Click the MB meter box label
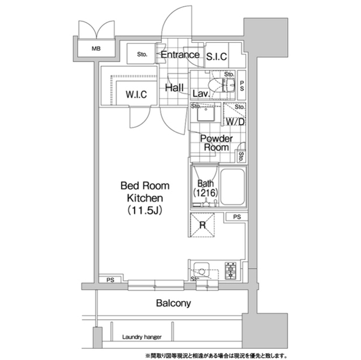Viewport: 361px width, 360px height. pyautogui.click(x=96, y=49)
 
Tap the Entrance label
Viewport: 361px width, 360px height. pyautogui.click(x=180, y=55)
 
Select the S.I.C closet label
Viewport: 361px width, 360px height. pyautogui.click(x=217, y=56)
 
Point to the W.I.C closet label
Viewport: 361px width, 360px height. pyautogui.click(x=137, y=95)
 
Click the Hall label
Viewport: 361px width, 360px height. pyautogui.click(x=174, y=87)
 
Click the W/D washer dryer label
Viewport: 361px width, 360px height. pyautogui.click(x=235, y=122)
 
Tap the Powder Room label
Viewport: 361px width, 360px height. pyautogui.click(x=216, y=143)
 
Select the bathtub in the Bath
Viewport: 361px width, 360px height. pyautogui.click(x=232, y=187)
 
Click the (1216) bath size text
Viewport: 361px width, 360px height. pyautogui.click(x=205, y=193)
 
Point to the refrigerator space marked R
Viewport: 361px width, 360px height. pyautogui.click(x=202, y=225)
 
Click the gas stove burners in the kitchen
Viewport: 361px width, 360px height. pyautogui.click(x=231, y=271)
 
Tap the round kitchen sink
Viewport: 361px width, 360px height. pyautogui.click(x=201, y=272)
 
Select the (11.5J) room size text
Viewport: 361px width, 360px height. pyautogui.click(x=145, y=210)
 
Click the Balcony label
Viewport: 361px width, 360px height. pyautogui.click(x=173, y=303)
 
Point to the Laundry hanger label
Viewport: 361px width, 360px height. pyautogui.click(x=142, y=337)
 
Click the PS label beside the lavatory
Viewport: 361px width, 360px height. pyautogui.click(x=242, y=86)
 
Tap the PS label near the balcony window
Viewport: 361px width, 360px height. pyautogui.click(x=111, y=280)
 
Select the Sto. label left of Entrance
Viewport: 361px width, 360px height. pyautogui.click(x=142, y=55)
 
